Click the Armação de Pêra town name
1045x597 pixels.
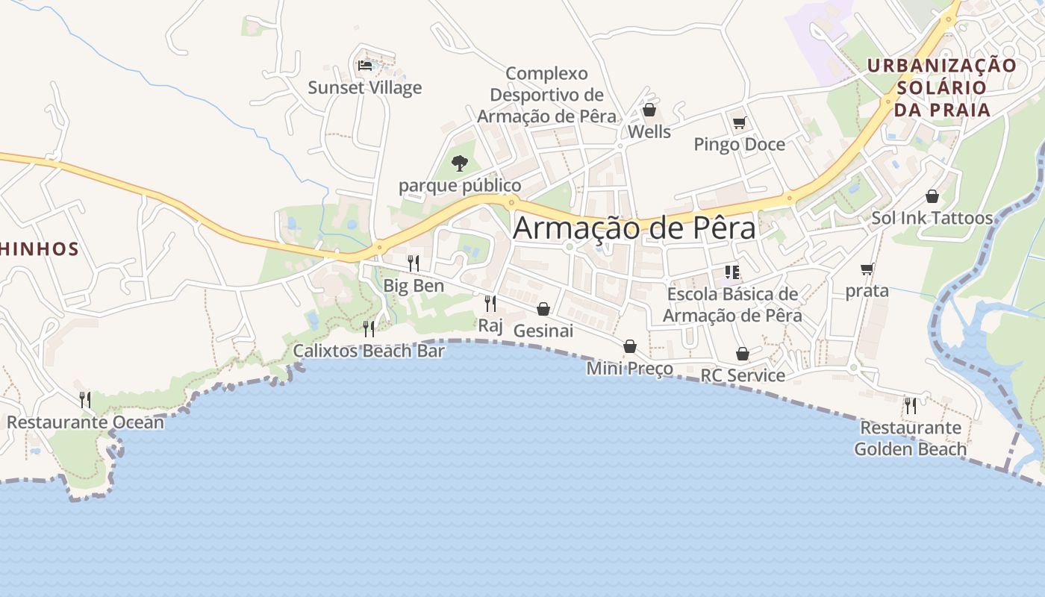634,228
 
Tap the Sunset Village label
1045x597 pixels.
365,88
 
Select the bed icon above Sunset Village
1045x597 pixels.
365,66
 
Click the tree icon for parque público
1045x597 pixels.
460,163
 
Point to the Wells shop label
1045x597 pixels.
649,132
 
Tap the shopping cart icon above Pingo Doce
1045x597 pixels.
739,122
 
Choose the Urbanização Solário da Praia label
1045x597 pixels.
941,88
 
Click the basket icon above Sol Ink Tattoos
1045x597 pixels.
932,196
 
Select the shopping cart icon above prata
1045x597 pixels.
867,269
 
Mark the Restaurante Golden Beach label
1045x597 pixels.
911,439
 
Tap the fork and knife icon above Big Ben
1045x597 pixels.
413,263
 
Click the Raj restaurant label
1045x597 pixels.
490,325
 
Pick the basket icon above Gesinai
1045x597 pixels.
543,309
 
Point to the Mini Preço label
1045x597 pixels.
629,369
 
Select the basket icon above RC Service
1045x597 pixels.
742,354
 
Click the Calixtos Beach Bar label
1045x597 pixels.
369,351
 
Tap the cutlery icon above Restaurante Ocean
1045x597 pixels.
85,400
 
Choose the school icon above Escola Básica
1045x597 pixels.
731,272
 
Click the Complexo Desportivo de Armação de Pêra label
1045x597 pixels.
546,95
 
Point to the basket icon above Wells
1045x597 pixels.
649,110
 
